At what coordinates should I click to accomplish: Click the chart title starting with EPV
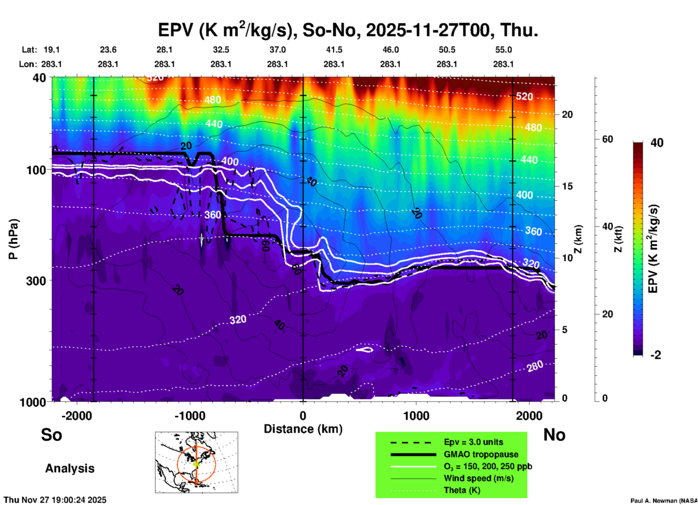pyautogui.click(x=348, y=30)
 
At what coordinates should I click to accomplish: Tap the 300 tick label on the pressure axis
pyautogui.click(x=36, y=281)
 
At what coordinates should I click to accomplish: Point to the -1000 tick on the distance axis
pyautogui.click(x=190, y=416)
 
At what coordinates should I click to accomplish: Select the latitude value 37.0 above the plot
pyautogui.click(x=277, y=50)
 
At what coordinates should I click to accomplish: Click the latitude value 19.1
pyautogui.click(x=51, y=50)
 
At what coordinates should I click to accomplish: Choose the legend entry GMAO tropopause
pyautogui.click(x=481, y=454)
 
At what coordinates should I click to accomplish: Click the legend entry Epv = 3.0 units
pyautogui.click(x=473, y=442)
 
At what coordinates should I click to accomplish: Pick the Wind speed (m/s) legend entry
pyautogui.click(x=478, y=478)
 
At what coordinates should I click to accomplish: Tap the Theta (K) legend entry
pyautogui.click(x=462, y=490)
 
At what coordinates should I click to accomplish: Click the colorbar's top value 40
pyautogui.click(x=657, y=143)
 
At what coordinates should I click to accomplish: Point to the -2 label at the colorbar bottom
pyautogui.click(x=656, y=355)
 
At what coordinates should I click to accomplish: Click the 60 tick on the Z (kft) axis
pyautogui.click(x=607, y=139)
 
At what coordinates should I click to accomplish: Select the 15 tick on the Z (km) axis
pyautogui.click(x=567, y=186)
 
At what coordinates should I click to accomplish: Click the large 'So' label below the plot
pyautogui.click(x=51, y=435)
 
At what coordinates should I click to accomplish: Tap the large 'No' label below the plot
pyautogui.click(x=554, y=435)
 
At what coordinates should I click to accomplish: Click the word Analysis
pyautogui.click(x=70, y=468)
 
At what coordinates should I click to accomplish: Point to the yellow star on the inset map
pyautogui.click(x=196, y=464)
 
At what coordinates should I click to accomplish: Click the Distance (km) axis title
pyautogui.click(x=303, y=429)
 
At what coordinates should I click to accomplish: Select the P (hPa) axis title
pyautogui.click(x=13, y=239)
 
